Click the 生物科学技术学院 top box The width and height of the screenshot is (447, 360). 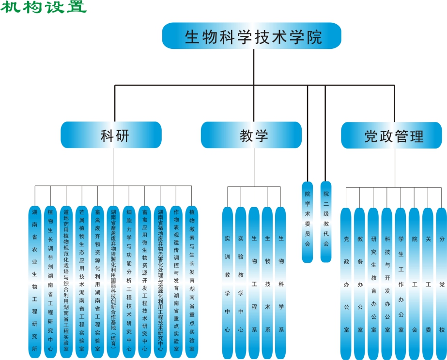(x=252, y=36)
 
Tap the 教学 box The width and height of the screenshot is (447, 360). (x=252, y=135)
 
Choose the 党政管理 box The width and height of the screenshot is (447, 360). (x=393, y=135)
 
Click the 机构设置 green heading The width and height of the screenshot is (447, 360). (x=44, y=7)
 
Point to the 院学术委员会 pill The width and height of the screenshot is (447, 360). (x=308, y=222)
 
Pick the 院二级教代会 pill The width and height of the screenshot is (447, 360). (x=326, y=222)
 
